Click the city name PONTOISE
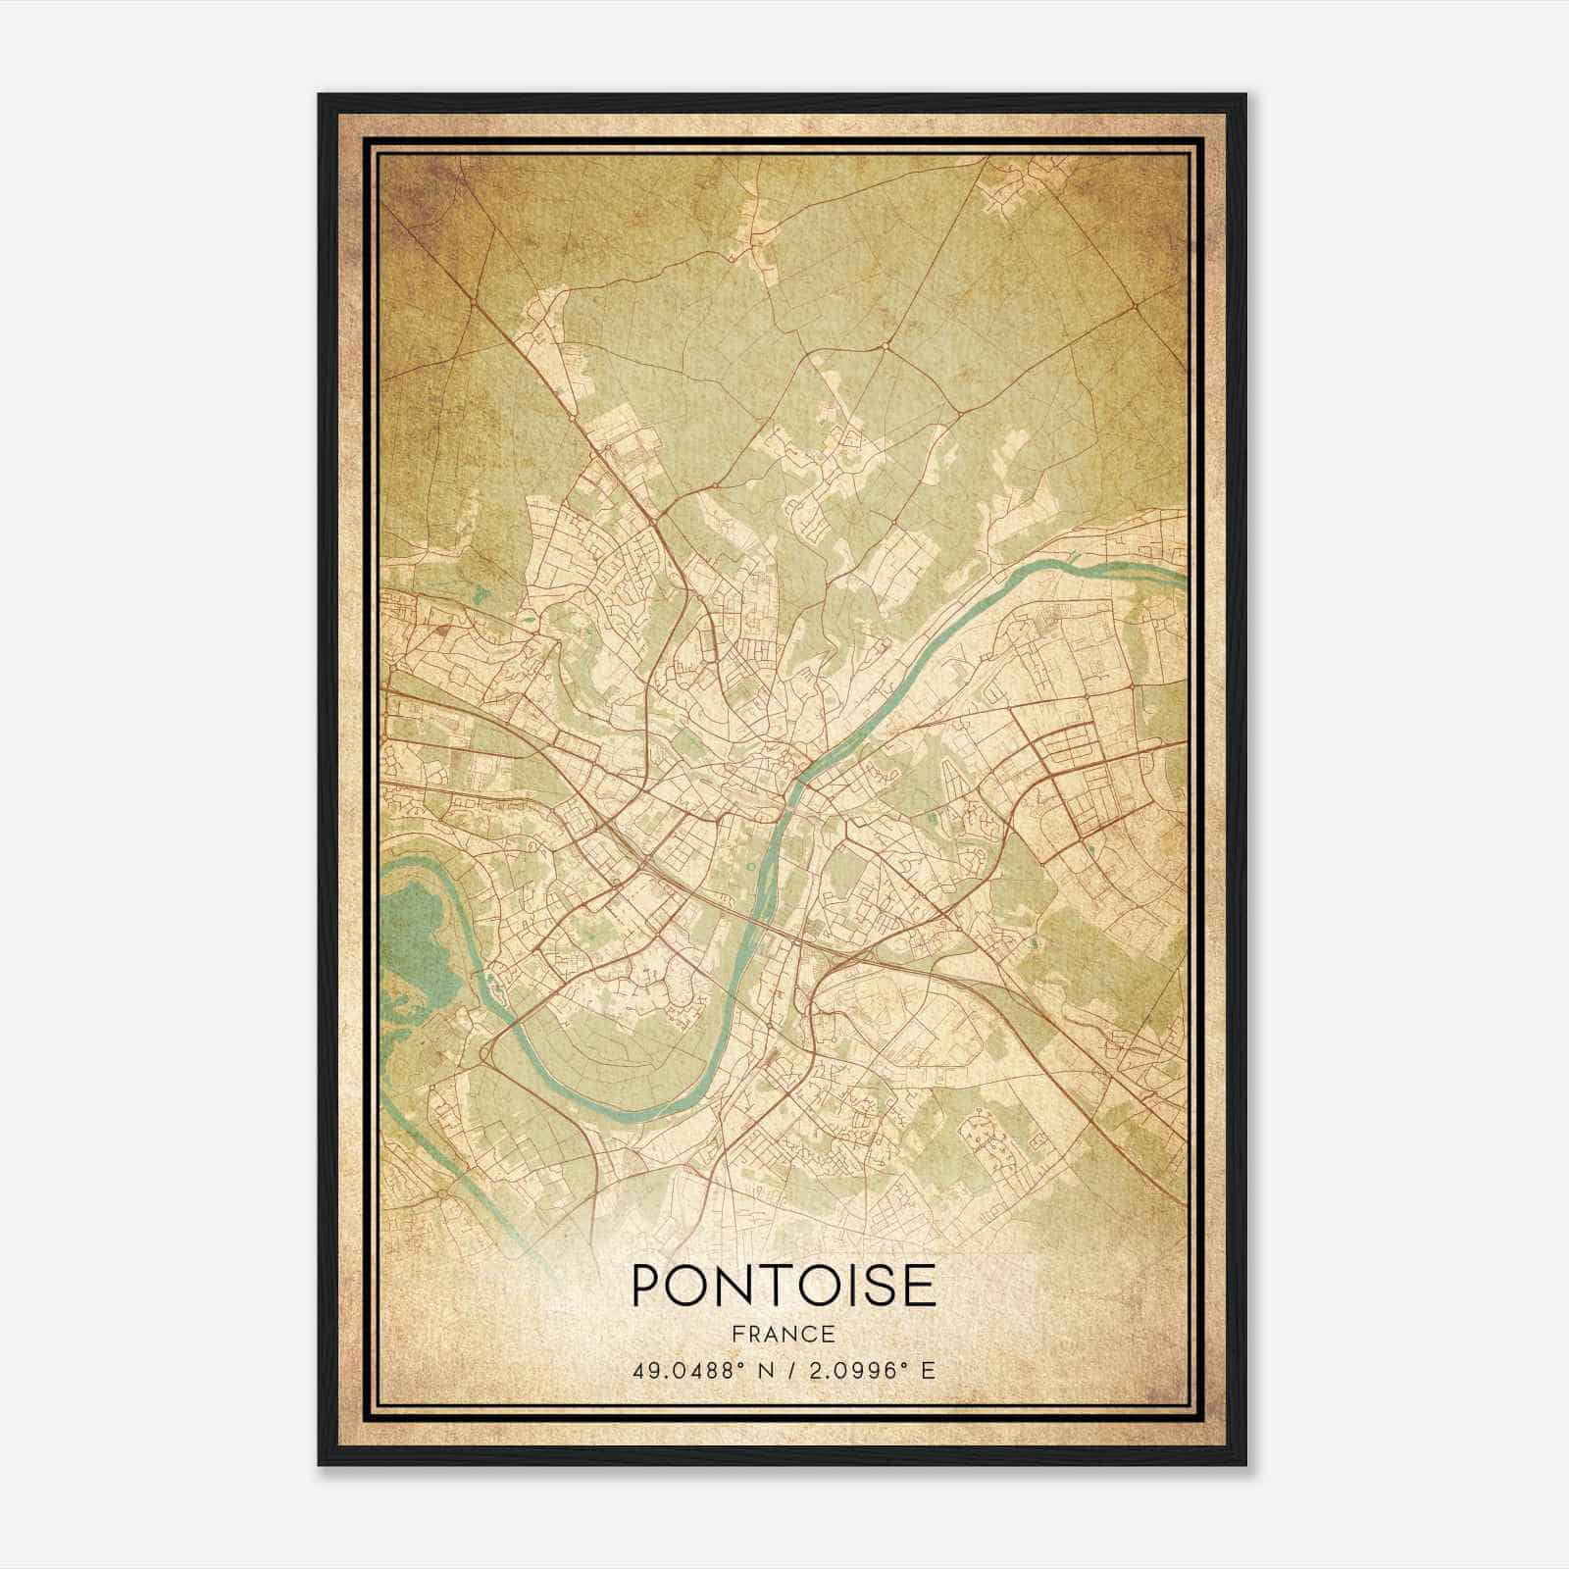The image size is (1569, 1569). pos(784,1285)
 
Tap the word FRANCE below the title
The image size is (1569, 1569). pos(784,1335)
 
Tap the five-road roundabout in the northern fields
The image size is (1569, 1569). pos(884,346)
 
